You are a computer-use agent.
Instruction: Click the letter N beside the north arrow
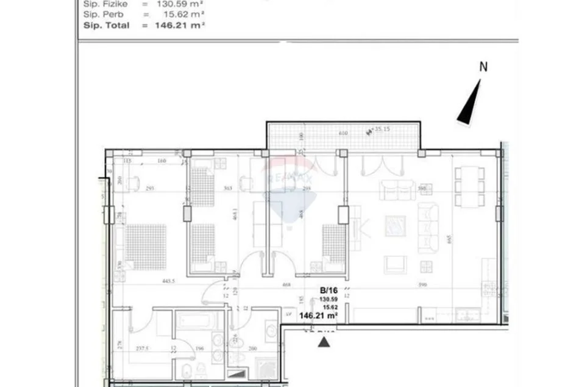(483, 67)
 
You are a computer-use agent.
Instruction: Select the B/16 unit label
(329, 292)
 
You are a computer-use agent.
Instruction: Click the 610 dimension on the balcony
(343, 132)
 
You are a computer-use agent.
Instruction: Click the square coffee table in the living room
(394, 227)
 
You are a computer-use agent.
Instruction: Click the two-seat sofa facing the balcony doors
(397, 190)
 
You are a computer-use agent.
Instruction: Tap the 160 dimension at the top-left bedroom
(162, 162)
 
